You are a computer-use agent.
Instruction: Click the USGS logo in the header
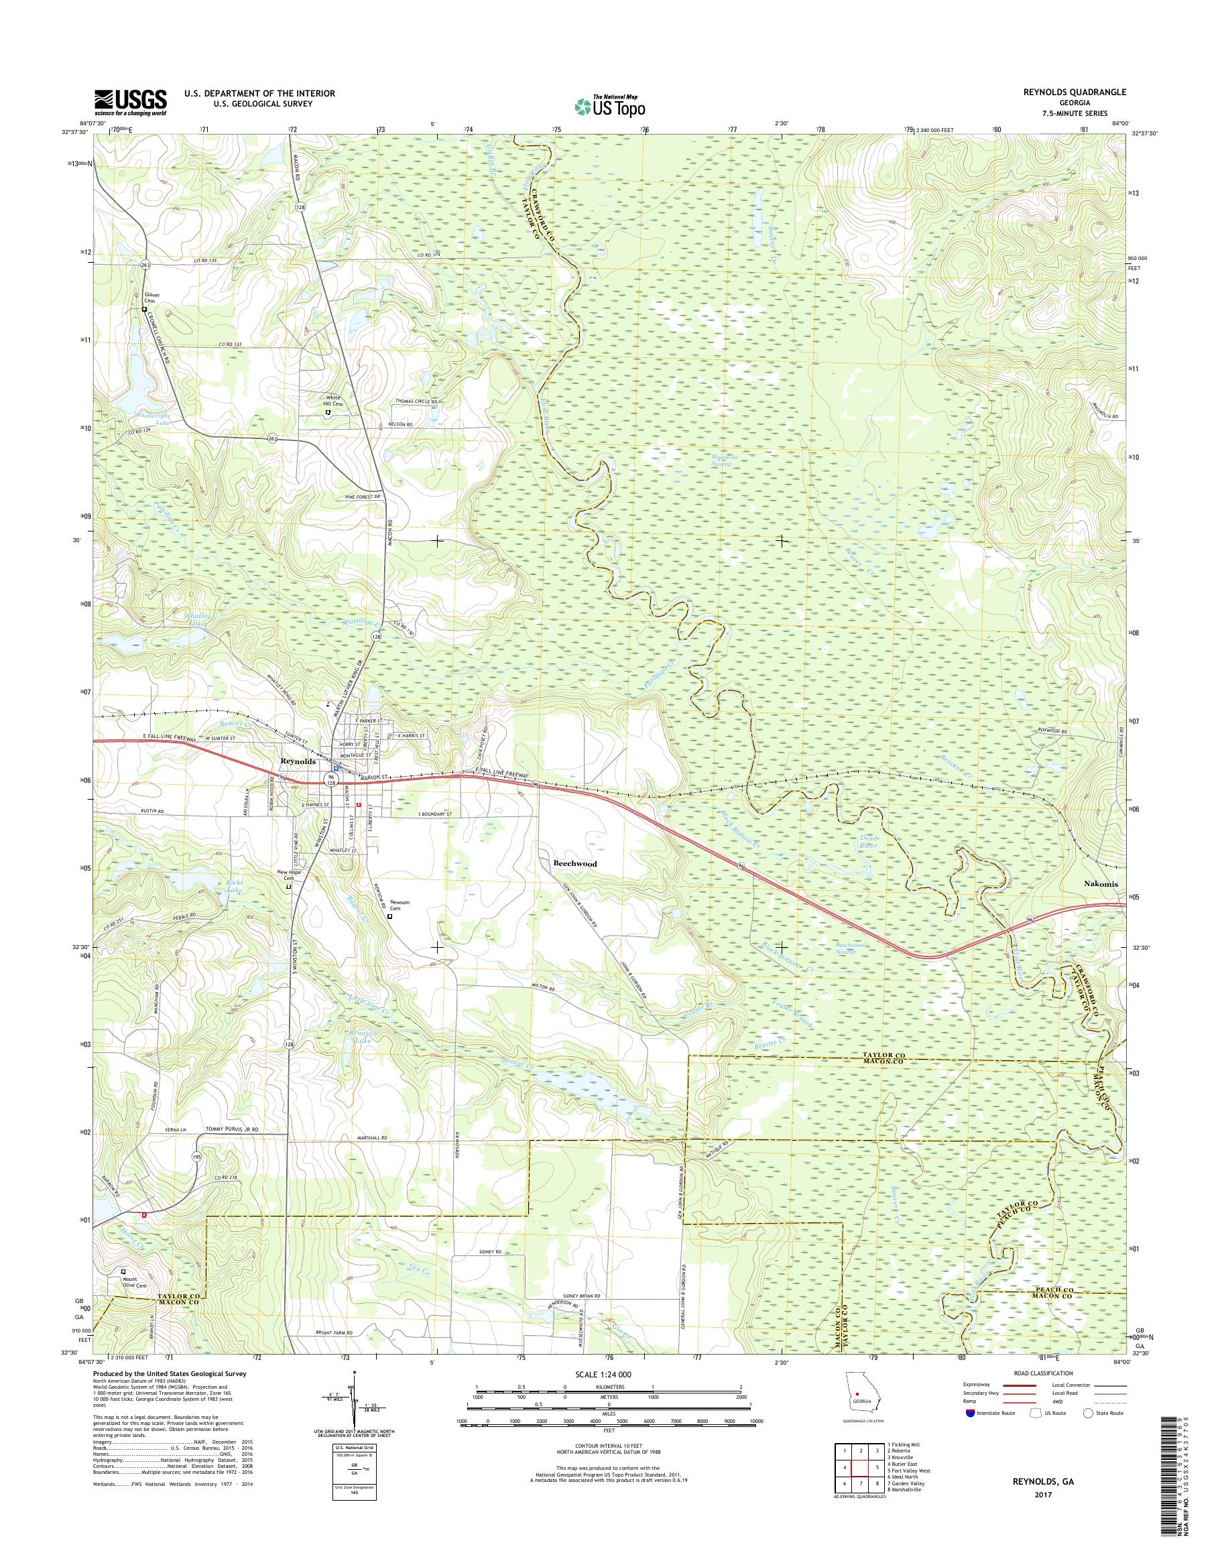tap(131, 101)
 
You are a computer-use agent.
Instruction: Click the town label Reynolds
tap(298, 761)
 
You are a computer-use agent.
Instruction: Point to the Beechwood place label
tap(574, 863)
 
